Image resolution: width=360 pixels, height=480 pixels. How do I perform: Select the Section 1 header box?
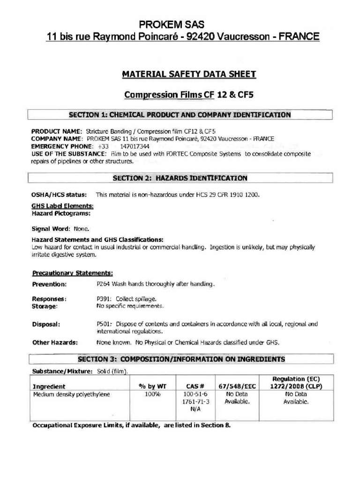click(180, 115)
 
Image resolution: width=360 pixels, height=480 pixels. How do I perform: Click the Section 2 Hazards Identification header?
click(180, 178)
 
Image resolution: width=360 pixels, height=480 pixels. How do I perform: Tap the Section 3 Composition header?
click(181, 360)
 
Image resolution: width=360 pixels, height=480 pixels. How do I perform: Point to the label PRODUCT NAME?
click(57, 132)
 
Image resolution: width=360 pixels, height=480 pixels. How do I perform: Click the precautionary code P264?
click(103, 284)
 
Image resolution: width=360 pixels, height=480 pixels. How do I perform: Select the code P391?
click(103, 299)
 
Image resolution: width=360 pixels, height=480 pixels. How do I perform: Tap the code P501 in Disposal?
click(103, 324)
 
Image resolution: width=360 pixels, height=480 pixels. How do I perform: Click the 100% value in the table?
click(153, 395)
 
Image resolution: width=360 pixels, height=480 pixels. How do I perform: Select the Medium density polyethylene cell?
click(71, 395)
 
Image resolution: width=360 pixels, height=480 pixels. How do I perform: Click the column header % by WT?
click(153, 386)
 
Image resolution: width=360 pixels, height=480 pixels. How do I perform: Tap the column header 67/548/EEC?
click(238, 386)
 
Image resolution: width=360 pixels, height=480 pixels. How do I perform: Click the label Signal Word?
click(50, 229)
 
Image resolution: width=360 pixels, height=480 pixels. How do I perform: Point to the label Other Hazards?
click(55, 343)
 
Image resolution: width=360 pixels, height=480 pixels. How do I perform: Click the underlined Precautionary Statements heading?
click(72, 273)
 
